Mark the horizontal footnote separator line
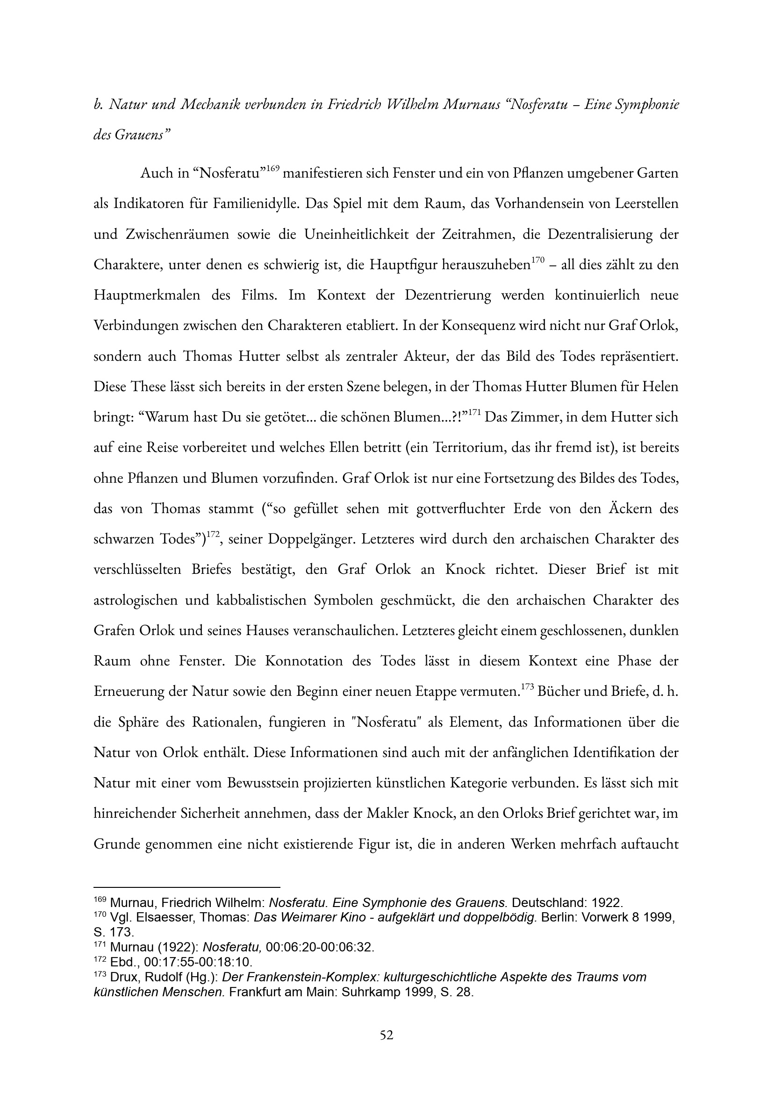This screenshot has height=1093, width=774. [187, 887]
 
